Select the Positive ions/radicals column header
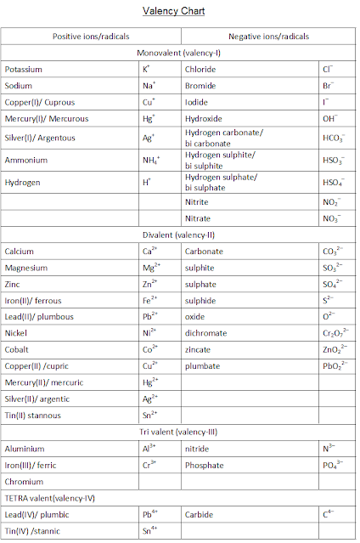[91, 37]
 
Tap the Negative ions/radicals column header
[269, 37]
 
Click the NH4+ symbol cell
[153, 160]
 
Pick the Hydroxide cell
[203, 119]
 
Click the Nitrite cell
[196, 202]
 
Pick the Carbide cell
[199, 515]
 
